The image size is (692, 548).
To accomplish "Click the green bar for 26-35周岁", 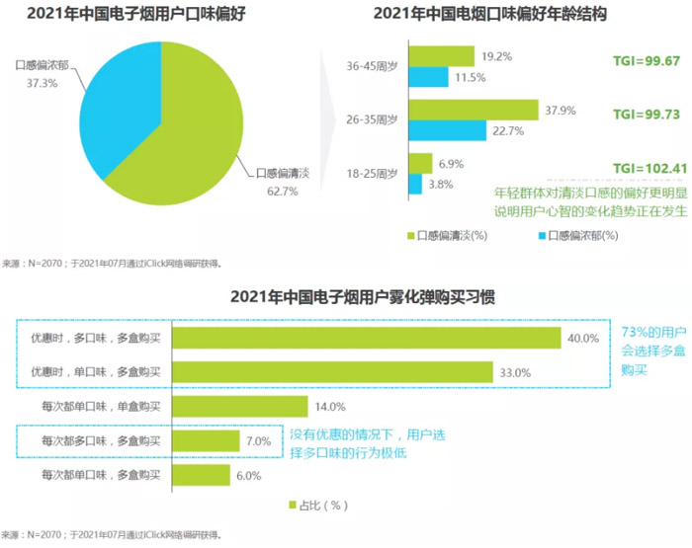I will (473, 110).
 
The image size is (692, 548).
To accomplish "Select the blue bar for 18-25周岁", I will (415, 184).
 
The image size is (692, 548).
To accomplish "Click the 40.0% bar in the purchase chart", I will (367, 339).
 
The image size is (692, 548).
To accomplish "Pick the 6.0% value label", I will (250, 475).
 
